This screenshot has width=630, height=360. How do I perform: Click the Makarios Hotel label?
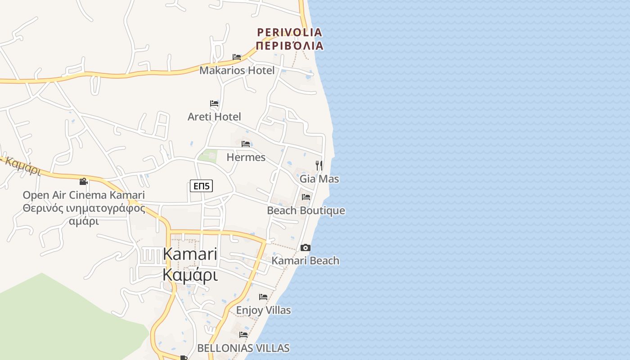pyautogui.click(x=237, y=71)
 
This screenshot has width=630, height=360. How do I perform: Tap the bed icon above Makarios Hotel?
pyautogui.click(x=237, y=57)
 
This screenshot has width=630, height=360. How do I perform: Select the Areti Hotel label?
pyautogui.click(x=214, y=117)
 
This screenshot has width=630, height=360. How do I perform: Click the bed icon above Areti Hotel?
pyautogui.click(x=214, y=103)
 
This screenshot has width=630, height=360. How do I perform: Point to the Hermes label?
pyautogui.click(x=246, y=157)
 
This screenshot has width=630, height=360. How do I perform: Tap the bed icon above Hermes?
pyautogui.click(x=246, y=144)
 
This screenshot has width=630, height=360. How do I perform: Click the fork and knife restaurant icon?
pyautogui.click(x=319, y=165)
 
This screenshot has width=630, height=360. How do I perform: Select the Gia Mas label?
pyautogui.click(x=319, y=179)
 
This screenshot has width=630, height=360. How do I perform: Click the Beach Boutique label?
pyautogui.click(x=306, y=211)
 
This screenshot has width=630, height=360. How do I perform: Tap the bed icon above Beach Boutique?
pyautogui.click(x=306, y=197)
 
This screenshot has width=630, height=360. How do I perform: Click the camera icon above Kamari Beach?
pyautogui.click(x=306, y=247)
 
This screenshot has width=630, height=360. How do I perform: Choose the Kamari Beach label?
pyautogui.click(x=306, y=261)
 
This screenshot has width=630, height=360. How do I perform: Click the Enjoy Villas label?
pyautogui.click(x=263, y=310)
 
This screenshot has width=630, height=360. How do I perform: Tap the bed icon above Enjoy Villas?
pyautogui.click(x=263, y=297)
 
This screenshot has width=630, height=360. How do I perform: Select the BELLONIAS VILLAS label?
pyautogui.click(x=243, y=348)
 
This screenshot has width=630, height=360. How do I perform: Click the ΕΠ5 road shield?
pyautogui.click(x=201, y=186)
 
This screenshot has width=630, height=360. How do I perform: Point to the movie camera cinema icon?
pyautogui.click(x=83, y=182)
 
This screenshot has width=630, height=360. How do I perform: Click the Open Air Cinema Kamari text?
pyautogui.click(x=84, y=195)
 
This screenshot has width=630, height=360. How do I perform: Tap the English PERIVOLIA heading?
pyautogui.click(x=289, y=32)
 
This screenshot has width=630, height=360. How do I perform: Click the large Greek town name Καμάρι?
pyautogui.click(x=190, y=274)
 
